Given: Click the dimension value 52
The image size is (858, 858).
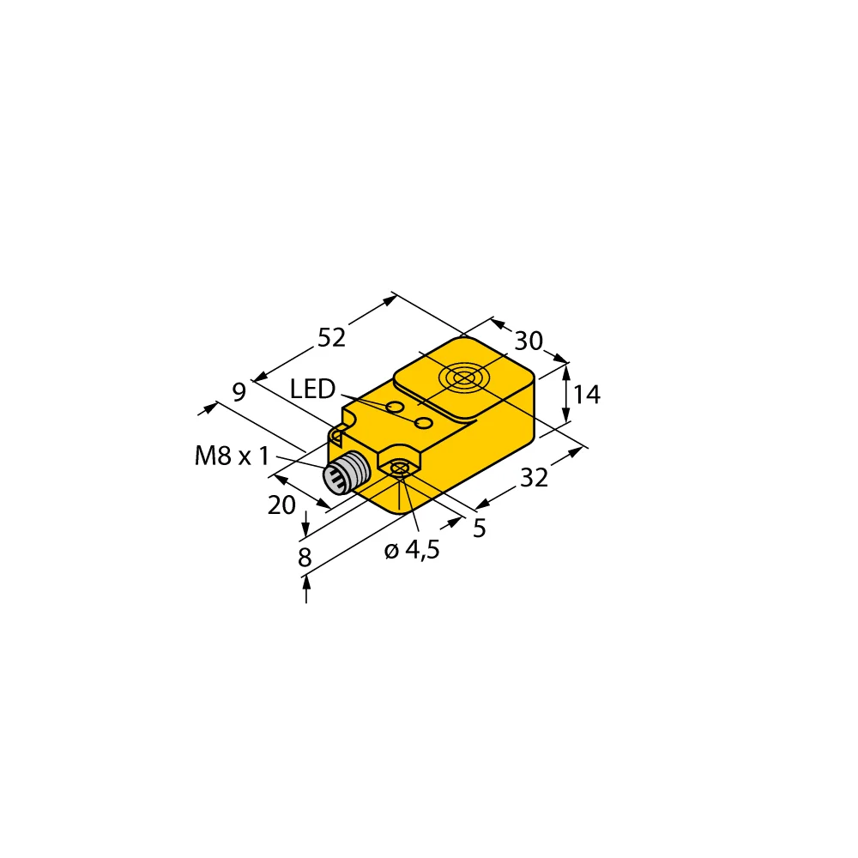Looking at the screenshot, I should pyautogui.click(x=331, y=338).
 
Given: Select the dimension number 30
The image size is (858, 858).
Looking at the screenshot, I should pyautogui.click(x=529, y=341).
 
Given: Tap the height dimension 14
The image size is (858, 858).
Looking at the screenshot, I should pyautogui.click(x=587, y=395).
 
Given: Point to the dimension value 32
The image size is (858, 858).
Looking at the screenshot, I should pyautogui.click(x=534, y=479).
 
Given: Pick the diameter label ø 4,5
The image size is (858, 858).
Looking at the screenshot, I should pyautogui.click(x=412, y=551).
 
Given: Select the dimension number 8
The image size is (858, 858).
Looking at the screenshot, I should pyautogui.click(x=305, y=558).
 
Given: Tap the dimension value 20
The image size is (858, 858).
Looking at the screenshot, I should pyautogui.click(x=281, y=506).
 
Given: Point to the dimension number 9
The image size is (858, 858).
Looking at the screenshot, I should pyautogui.click(x=239, y=392).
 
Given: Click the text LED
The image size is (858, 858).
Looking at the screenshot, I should pyautogui.click(x=311, y=390).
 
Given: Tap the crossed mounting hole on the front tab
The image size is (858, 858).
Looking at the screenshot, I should pyautogui.click(x=399, y=468).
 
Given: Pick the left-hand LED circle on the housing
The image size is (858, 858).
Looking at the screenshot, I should pyautogui.click(x=395, y=406).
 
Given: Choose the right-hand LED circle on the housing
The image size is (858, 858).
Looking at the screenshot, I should pyautogui.click(x=423, y=424).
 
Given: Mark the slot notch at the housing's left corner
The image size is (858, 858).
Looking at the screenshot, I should pyautogui.click(x=337, y=437).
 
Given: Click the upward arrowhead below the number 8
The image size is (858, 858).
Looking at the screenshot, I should pyautogui.click(x=305, y=583).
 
